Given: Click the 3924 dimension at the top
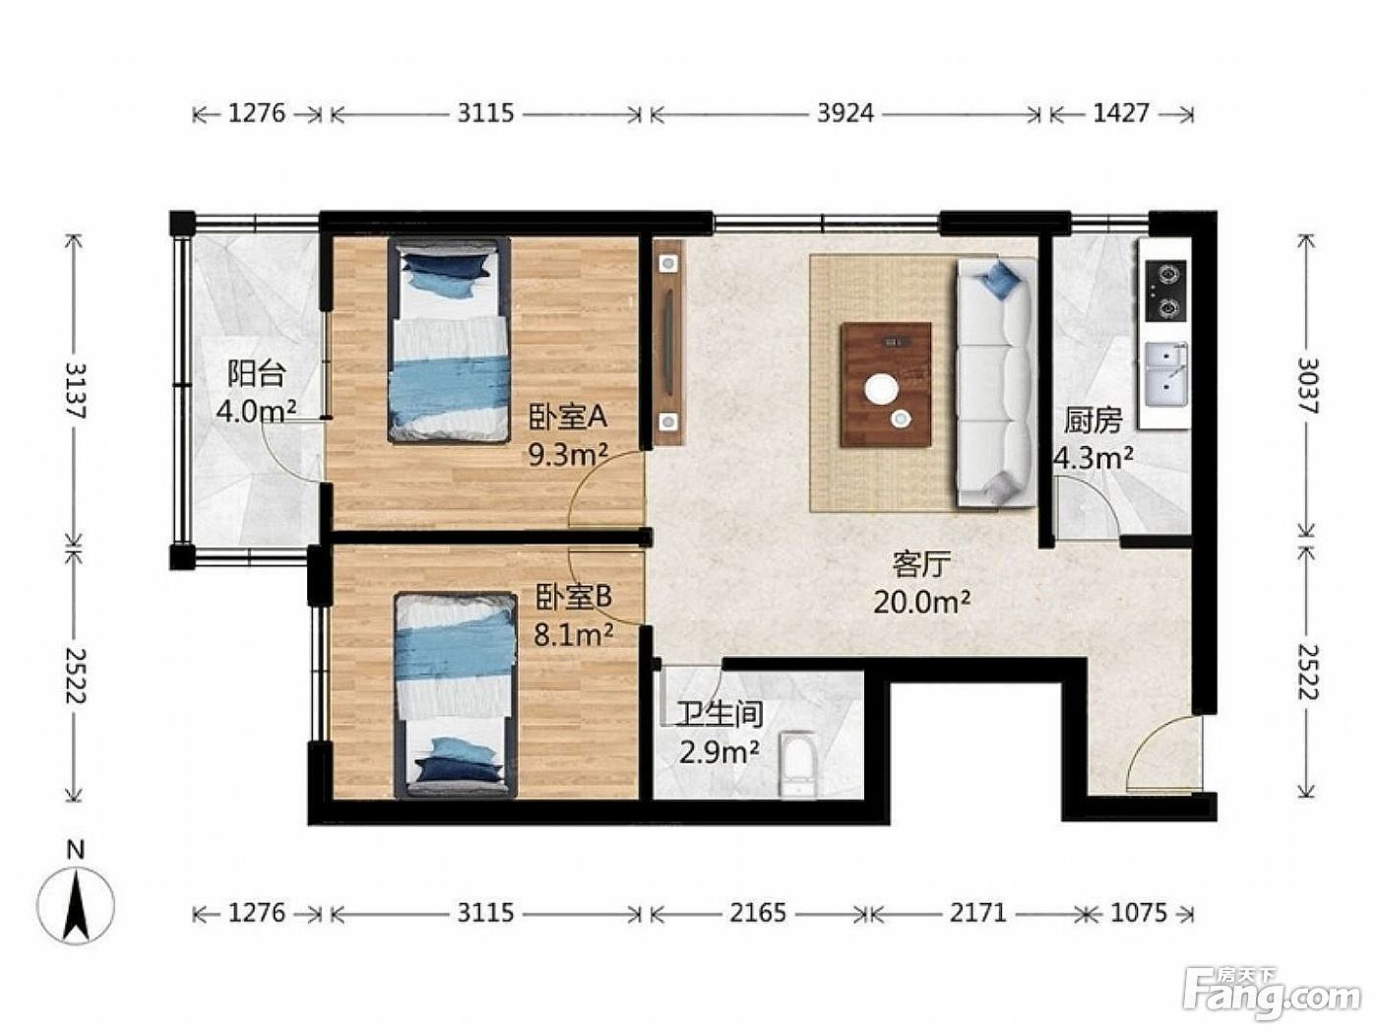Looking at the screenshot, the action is tap(845, 113).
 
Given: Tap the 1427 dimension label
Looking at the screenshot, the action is tap(1121, 113).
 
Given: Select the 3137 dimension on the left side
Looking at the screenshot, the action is tap(76, 391).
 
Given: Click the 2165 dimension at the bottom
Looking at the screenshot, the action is tap(757, 913).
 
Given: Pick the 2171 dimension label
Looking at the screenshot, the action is tap(976, 913).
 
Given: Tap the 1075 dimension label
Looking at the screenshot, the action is tap(1138, 913).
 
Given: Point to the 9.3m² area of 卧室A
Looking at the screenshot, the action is tap(568, 455).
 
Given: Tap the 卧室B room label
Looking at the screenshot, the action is tap(573, 597).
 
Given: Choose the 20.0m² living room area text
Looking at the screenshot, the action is tap(921, 602).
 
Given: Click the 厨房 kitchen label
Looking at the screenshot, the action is tap(1093, 421).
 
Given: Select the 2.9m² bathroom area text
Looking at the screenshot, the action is tap(719, 751).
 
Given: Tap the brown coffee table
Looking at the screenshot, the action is tap(886, 385).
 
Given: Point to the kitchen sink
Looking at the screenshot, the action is tap(1166, 374).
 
